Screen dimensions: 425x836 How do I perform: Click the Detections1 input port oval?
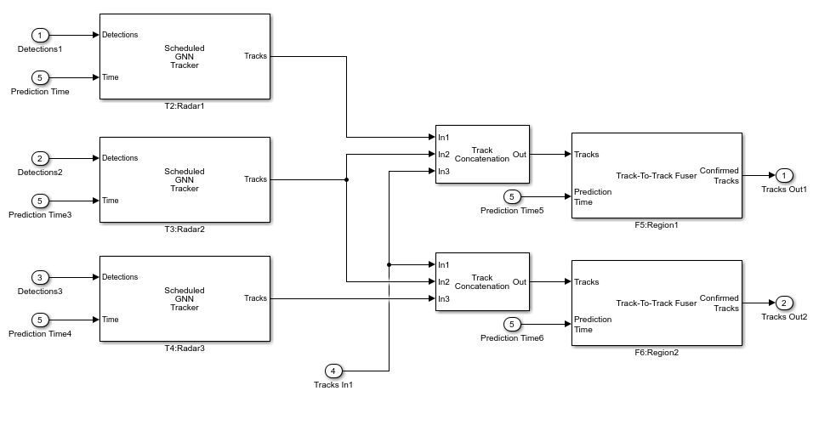pyautogui.click(x=40, y=35)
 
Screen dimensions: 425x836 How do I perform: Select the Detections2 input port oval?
pyautogui.click(x=40, y=158)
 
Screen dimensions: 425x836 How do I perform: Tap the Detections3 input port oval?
pyautogui.click(x=40, y=277)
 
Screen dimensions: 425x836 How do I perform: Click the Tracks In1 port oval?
pyautogui.click(x=333, y=371)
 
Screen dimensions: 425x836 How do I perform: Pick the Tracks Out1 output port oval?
pyautogui.click(x=785, y=175)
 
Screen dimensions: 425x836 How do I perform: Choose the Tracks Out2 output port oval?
pyautogui.click(x=785, y=303)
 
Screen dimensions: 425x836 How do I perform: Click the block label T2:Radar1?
pyautogui.click(x=185, y=106)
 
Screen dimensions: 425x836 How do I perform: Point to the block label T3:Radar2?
pyautogui.click(x=185, y=229)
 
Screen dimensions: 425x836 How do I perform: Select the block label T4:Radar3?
pyautogui.click(x=185, y=348)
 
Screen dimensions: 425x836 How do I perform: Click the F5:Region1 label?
pyautogui.click(x=657, y=225)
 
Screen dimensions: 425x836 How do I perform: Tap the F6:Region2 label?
pyautogui.click(x=657, y=352)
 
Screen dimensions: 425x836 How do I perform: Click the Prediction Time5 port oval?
pyautogui.click(x=512, y=196)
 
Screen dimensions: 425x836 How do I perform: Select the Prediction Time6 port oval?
pyautogui.click(x=512, y=324)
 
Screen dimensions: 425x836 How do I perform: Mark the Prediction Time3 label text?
pyautogui.click(x=40, y=215)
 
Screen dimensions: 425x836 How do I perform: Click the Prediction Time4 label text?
pyautogui.click(x=40, y=334)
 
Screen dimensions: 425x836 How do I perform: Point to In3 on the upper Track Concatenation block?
pyautogui.click(x=444, y=172)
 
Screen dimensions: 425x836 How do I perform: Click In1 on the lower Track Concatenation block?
pyautogui.click(x=444, y=265)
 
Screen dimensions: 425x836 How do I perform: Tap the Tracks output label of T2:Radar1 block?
pyautogui.click(x=255, y=56)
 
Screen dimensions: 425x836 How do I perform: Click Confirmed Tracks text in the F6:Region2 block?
pyautogui.click(x=719, y=303)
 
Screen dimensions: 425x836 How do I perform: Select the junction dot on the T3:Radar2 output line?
pyautogui.click(x=346, y=179)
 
